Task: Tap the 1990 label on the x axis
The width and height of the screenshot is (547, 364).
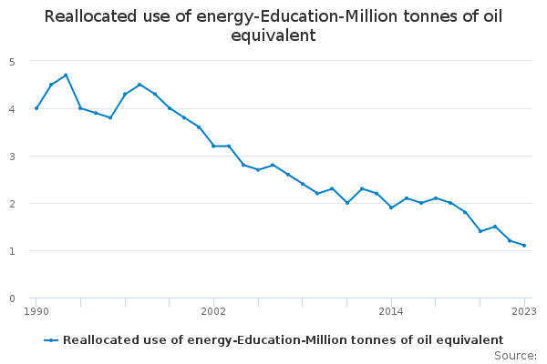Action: [36, 311]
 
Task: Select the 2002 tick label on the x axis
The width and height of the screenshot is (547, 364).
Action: [213, 311]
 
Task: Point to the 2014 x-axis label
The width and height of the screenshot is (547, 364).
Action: [391, 311]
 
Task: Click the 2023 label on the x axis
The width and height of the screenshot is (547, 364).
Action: [524, 311]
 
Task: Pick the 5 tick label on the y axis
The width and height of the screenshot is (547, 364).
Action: [13, 61]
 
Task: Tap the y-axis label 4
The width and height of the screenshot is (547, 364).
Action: [13, 108]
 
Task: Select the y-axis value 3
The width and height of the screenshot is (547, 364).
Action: [13, 156]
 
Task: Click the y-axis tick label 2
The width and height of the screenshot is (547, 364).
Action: [13, 203]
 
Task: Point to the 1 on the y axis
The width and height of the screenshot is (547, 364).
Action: [13, 250]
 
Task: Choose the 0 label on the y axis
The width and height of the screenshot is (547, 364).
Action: [13, 298]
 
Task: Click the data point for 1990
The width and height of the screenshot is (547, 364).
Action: [36, 108]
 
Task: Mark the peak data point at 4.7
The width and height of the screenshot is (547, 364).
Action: [66, 76]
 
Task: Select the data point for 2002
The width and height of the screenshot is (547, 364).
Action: [213, 146]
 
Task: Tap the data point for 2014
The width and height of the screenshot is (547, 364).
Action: [391, 207]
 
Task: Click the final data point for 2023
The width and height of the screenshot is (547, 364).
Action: [524, 246]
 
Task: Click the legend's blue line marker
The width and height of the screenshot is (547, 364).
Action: [51, 339]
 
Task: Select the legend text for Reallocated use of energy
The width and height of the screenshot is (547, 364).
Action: [283, 339]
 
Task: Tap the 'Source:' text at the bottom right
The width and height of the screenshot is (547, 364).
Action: [515, 355]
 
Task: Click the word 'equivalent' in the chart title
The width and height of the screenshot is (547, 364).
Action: [273, 36]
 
